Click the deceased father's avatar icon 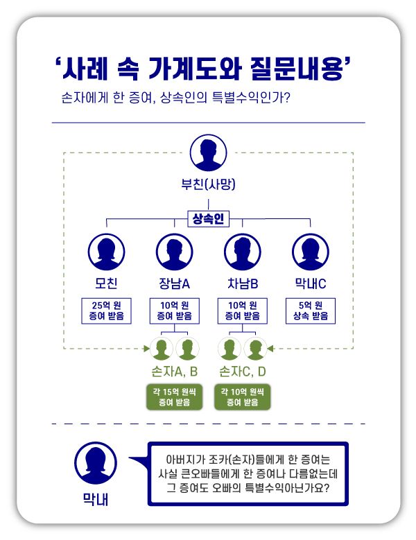(x=209, y=153)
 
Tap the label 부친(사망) (x=209, y=185)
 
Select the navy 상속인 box (x=209, y=219)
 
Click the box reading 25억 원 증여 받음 (x=106, y=311)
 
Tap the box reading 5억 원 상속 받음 (x=311, y=311)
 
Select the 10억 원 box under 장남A (x=174, y=311)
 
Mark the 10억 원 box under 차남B (x=243, y=311)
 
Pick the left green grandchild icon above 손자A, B (x=163, y=348)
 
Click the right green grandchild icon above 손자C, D (x=254, y=348)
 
